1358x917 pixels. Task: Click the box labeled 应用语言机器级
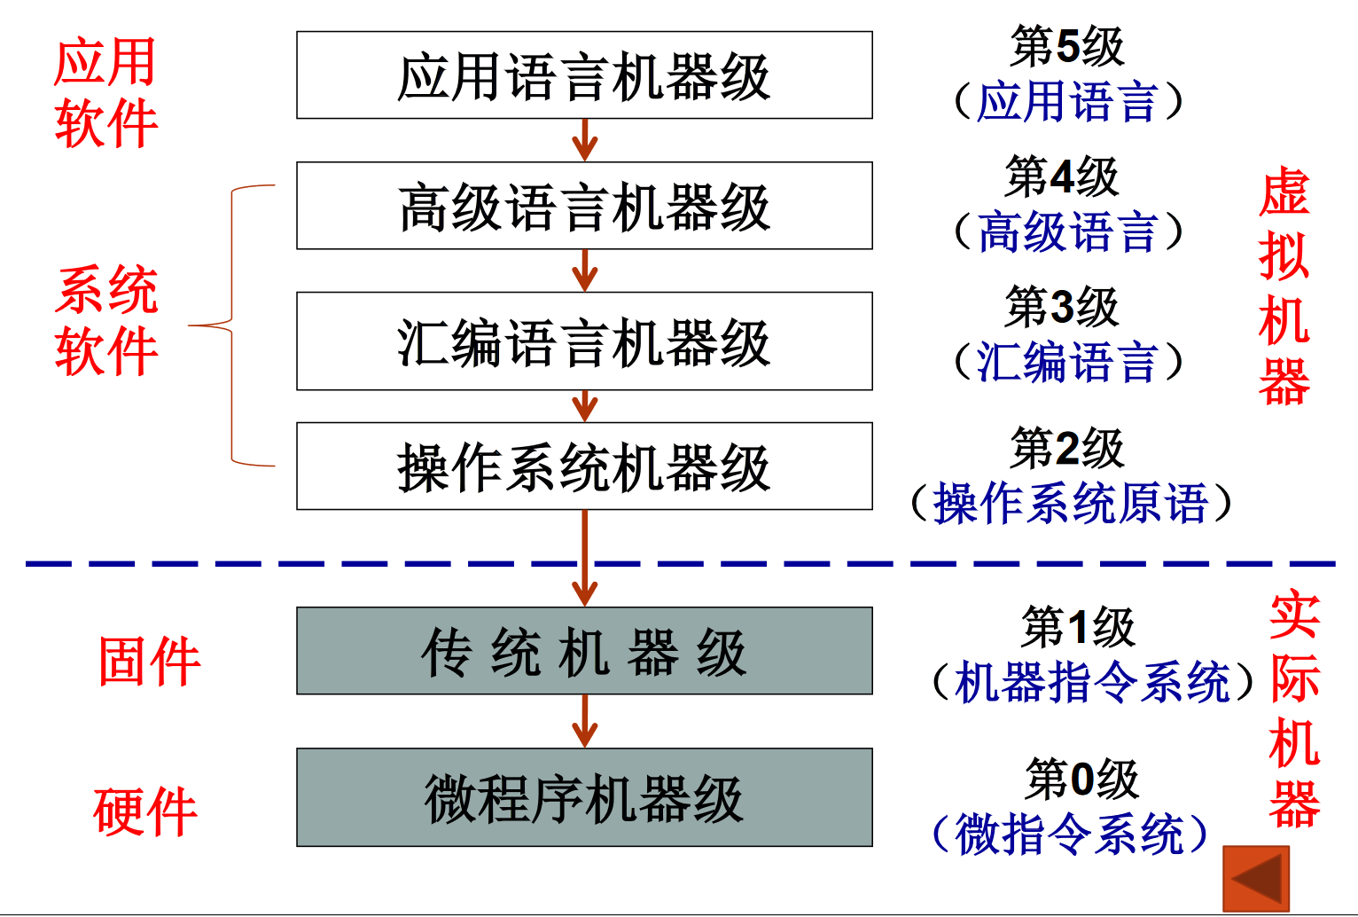click(x=584, y=75)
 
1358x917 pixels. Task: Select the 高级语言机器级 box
click(x=584, y=206)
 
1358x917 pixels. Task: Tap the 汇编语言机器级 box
click(x=584, y=341)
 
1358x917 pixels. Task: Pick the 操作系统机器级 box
click(x=584, y=466)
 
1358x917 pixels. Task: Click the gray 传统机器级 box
click(x=584, y=651)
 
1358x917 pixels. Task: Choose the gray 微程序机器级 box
click(x=584, y=797)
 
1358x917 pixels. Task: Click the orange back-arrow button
click(x=1256, y=879)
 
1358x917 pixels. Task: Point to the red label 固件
click(x=149, y=662)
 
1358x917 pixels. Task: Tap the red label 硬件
click(x=144, y=811)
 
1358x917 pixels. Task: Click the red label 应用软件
click(x=105, y=92)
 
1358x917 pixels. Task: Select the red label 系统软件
click(x=106, y=320)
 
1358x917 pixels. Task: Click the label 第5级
click(x=1066, y=46)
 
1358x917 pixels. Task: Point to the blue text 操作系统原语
click(x=1071, y=504)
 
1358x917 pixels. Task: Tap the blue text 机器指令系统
click(x=1092, y=683)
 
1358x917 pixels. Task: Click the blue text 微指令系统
click(x=1069, y=835)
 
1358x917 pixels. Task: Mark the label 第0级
click(x=1081, y=780)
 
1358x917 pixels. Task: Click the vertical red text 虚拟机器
click(x=1284, y=287)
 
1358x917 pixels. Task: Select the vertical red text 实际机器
click(x=1294, y=709)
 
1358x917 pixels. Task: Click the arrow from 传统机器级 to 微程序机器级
click(x=584, y=720)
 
